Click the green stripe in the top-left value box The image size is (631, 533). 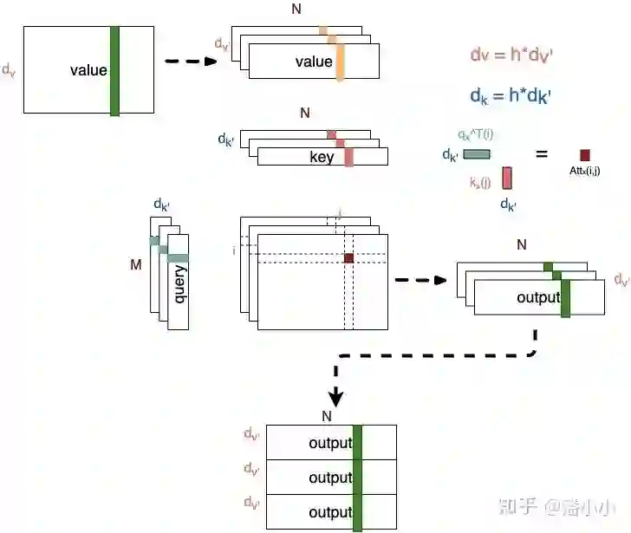click(x=114, y=70)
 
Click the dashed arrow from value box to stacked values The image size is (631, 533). click(x=190, y=62)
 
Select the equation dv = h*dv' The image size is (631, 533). click(x=511, y=55)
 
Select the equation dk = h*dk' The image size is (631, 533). click(x=511, y=94)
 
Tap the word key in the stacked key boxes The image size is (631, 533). click(x=322, y=158)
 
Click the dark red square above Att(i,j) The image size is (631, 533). click(x=585, y=154)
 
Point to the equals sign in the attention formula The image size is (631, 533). click(x=542, y=154)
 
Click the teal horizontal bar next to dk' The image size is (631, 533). click(x=477, y=154)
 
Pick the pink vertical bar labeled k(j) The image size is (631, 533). click(x=507, y=177)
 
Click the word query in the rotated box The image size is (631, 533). click(x=180, y=283)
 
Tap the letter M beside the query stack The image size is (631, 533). click(x=135, y=264)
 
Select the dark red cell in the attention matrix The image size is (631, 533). click(x=349, y=258)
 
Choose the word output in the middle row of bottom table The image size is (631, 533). click(x=330, y=478)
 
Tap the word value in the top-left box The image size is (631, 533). click(x=88, y=69)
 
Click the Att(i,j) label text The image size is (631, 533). click(x=586, y=172)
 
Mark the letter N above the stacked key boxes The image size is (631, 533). click(x=304, y=113)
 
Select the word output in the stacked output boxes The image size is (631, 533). click(x=538, y=298)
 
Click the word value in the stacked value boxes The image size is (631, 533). click(x=313, y=62)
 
